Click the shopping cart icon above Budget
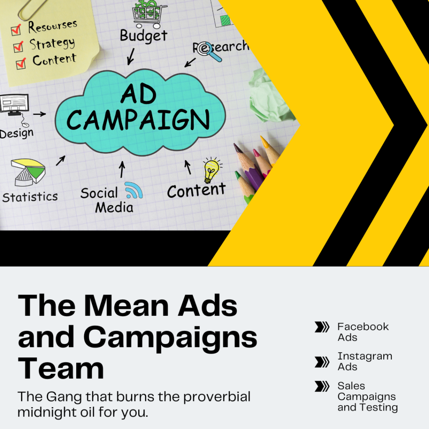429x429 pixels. coord(150,14)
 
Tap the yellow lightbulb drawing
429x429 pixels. coord(212,170)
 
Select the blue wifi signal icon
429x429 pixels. coord(134,190)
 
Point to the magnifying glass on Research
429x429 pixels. coord(209,52)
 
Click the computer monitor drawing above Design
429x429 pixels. coord(15,105)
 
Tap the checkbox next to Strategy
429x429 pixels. coord(18,47)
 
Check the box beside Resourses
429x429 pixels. coord(16,30)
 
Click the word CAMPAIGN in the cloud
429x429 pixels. coord(138,120)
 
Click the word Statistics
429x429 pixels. coord(30,197)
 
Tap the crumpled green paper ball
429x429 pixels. coord(269,96)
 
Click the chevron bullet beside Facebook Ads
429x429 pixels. coord(322,327)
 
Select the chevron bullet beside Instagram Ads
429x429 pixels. coord(322,362)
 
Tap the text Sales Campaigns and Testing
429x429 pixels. coord(367,396)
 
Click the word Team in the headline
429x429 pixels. coord(61,369)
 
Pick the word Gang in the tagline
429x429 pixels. coord(64,397)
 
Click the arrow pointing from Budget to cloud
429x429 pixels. coord(131,57)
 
